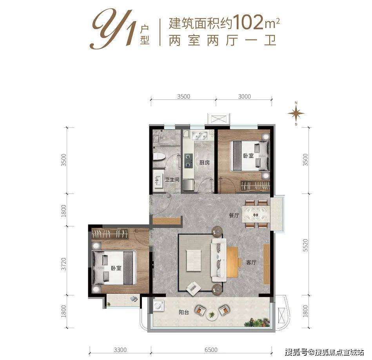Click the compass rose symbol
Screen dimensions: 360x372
(296, 114)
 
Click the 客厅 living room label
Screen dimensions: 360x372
(251, 263)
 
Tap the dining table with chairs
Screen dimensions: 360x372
(256, 214)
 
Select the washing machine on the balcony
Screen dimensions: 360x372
(159, 306)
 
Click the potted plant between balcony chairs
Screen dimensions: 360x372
(212, 314)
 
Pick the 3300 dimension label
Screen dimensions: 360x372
(120, 349)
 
